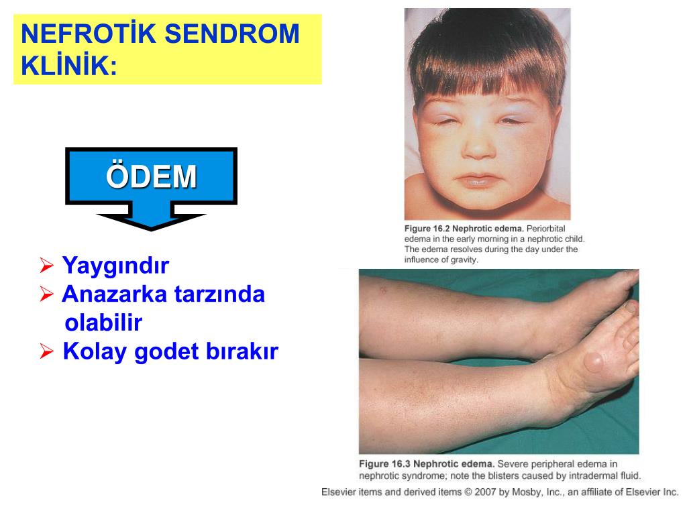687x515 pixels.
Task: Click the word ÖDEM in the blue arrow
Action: (151, 177)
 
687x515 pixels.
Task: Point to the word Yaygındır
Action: (115, 266)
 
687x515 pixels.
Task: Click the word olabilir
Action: (103, 323)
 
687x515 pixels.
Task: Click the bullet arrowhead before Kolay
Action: (46, 352)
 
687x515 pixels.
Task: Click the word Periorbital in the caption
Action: (549, 229)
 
